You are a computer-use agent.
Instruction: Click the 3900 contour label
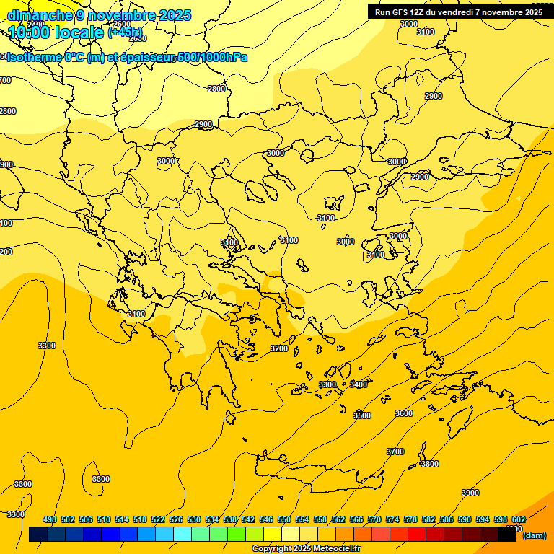click(x=470, y=493)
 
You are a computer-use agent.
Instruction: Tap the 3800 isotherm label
click(x=429, y=464)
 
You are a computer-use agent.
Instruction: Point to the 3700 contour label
click(x=395, y=452)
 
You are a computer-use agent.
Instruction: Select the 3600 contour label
click(x=404, y=413)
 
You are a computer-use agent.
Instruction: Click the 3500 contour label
click(x=362, y=415)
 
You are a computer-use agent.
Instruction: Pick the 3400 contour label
click(x=359, y=384)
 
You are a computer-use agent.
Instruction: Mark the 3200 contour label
click(x=278, y=348)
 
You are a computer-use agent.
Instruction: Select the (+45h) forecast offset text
click(x=125, y=32)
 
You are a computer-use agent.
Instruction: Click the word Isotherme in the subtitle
click(x=33, y=57)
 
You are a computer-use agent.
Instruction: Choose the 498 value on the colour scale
click(x=50, y=519)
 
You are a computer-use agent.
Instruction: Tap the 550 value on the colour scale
click(x=284, y=519)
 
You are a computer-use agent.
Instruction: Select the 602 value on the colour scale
click(x=519, y=519)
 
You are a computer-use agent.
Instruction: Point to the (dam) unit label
click(x=534, y=535)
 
